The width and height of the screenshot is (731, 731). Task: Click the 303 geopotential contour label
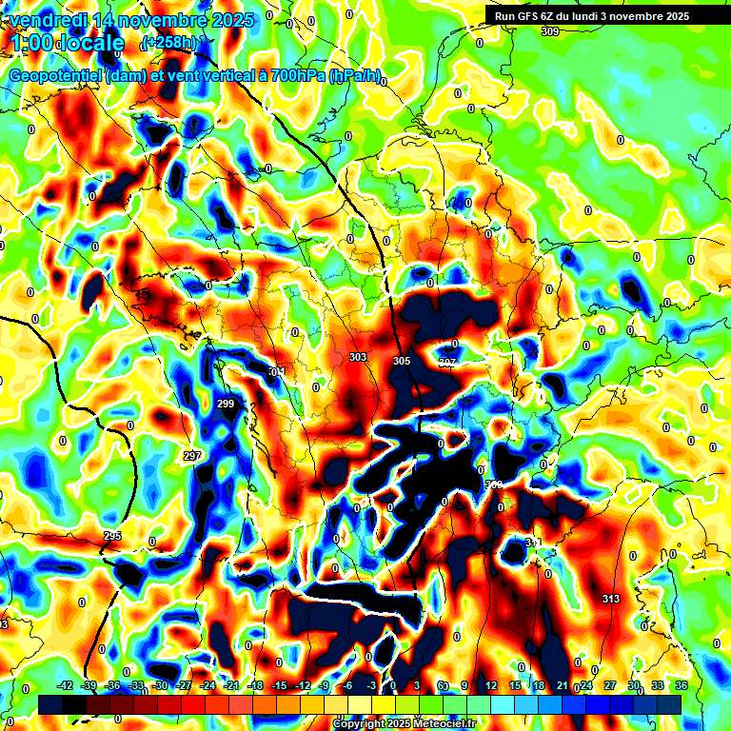click(x=358, y=357)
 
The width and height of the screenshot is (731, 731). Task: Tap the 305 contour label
click(x=402, y=361)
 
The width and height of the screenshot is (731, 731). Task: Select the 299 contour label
click(x=226, y=405)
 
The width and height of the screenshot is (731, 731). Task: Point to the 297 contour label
click(x=192, y=456)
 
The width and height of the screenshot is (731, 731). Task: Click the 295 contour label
click(x=112, y=537)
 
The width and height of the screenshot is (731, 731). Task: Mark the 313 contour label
click(x=611, y=598)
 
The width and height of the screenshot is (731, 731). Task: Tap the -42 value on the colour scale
click(x=66, y=685)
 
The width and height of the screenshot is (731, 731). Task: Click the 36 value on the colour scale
click(x=682, y=685)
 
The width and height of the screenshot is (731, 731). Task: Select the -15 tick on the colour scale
click(x=279, y=685)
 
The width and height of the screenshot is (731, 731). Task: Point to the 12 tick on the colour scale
click(x=490, y=685)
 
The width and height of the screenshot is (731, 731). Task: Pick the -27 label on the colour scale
click(x=184, y=685)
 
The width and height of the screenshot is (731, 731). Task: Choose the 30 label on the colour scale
click(x=633, y=685)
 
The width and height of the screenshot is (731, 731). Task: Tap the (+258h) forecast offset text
click(x=168, y=43)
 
